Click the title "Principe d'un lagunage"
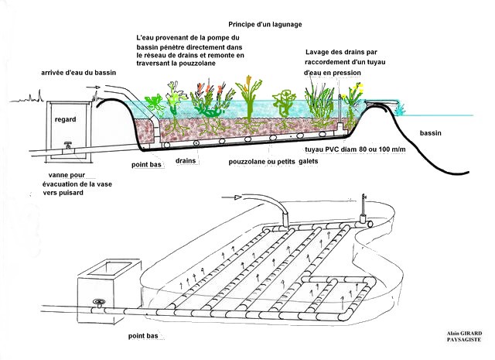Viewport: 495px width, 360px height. click(265, 24)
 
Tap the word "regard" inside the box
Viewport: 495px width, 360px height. click(65, 119)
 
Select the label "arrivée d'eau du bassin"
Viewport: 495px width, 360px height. click(79, 72)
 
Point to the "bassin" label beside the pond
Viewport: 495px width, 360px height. click(430, 133)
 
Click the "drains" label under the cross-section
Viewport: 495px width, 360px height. click(186, 160)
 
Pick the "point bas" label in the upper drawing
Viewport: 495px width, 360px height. click(146, 164)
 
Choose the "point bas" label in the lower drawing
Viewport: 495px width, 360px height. click(143, 336)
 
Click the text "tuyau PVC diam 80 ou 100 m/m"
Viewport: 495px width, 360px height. click(355, 149)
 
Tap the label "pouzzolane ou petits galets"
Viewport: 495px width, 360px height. click(273, 162)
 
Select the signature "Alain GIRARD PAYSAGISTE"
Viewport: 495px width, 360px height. click(464, 336)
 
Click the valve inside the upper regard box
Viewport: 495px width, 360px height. click(68, 146)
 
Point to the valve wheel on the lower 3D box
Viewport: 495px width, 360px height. click(99, 302)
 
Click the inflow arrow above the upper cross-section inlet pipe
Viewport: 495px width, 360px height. click(94, 87)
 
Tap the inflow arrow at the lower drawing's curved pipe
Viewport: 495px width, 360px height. click(232, 197)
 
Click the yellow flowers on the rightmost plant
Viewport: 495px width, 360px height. click(357, 88)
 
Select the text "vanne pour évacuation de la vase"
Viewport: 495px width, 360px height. click(77, 180)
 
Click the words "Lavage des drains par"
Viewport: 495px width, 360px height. click(341, 52)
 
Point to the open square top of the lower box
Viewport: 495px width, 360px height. click(109, 269)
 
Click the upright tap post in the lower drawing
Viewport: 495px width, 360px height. click(364, 206)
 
